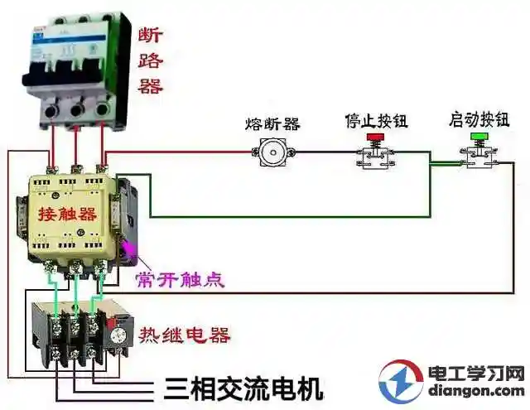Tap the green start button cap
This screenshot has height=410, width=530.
pyautogui.click(x=478, y=134)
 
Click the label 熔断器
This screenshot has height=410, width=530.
pyautogui.click(x=272, y=124)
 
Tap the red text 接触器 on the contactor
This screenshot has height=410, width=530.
pyautogui.click(x=67, y=214)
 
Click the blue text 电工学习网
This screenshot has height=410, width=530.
pyautogui.click(x=476, y=373)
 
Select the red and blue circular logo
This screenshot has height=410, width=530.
pyautogui.click(x=401, y=381)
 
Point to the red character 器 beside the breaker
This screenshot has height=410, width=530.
pyautogui.click(x=150, y=85)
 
